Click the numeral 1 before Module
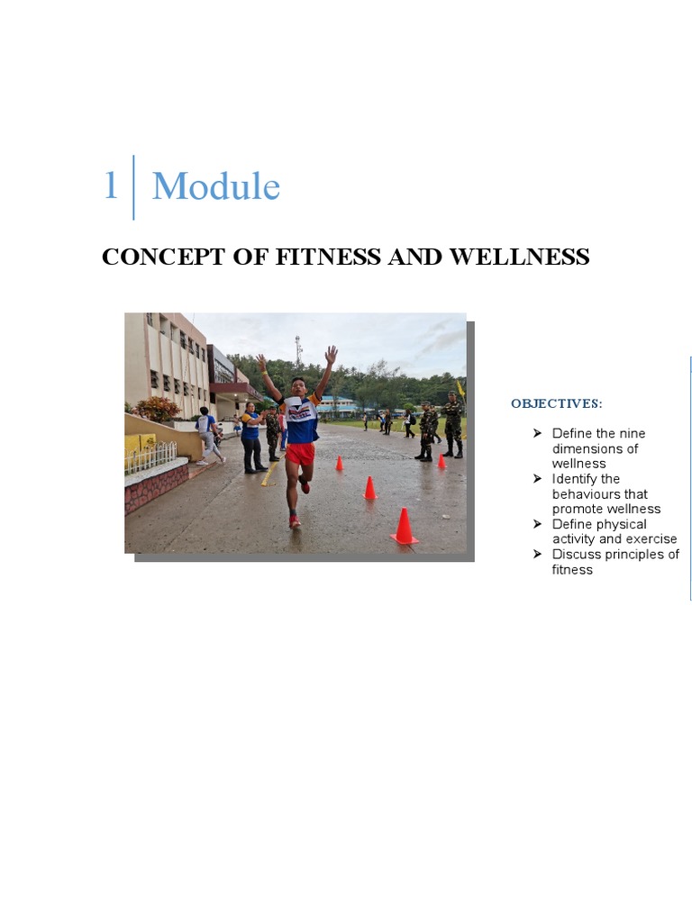pyautogui.click(x=111, y=186)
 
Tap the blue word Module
pyautogui.click(x=216, y=187)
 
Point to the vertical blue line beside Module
pyautogui.click(x=133, y=187)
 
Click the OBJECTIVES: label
pyautogui.click(x=556, y=403)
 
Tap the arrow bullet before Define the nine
pyautogui.click(x=538, y=433)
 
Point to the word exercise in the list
pyautogui.click(x=648, y=539)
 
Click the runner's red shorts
pyautogui.click(x=300, y=453)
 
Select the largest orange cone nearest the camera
pyautogui.click(x=404, y=527)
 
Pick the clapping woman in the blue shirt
pyautogui.click(x=251, y=437)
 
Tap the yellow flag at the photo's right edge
pyautogui.click(x=460, y=388)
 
